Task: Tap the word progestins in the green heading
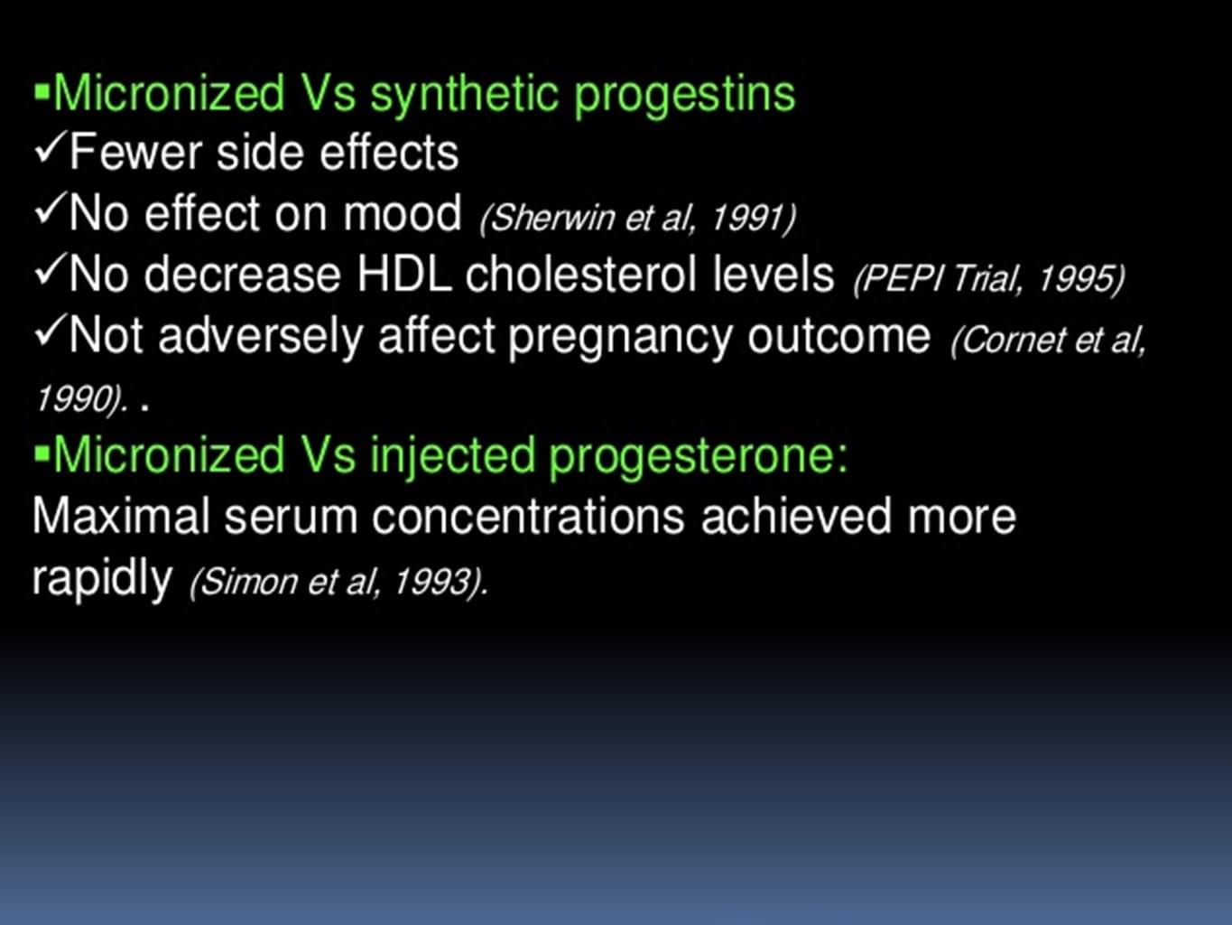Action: pyautogui.click(x=684, y=96)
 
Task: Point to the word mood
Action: pyautogui.click(x=402, y=213)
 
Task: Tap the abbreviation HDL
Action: pyautogui.click(x=403, y=274)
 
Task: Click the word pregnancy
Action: pyautogui.click(x=620, y=338)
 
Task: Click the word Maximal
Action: pyautogui.click(x=121, y=516)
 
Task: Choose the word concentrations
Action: pyautogui.click(x=528, y=517)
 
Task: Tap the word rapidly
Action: pyautogui.click(x=102, y=578)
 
